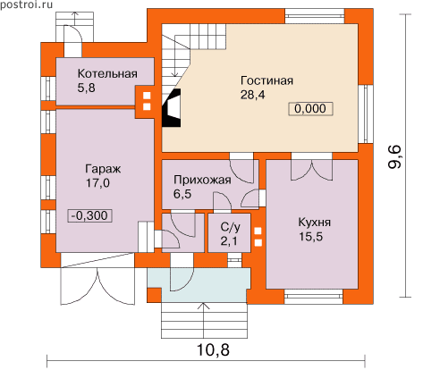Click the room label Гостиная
(266, 80)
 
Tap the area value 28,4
(252, 95)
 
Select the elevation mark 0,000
(310, 109)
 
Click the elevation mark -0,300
(90, 215)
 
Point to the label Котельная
(107, 73)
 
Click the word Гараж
(103, 170)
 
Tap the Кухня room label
(315, 223)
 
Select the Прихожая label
(202, 181)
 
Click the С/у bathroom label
(230, 227)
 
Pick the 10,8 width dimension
(213, 350)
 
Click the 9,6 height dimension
(395, 158)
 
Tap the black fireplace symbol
(171, 108)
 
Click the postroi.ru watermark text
(26, 4)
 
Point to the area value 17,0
(97, 183)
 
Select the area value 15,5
(310, 237)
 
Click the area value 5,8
(86, 88)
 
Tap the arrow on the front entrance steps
(204, 320)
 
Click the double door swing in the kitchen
(311, 171)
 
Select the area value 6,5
(182, 194)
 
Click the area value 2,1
(229, 241)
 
